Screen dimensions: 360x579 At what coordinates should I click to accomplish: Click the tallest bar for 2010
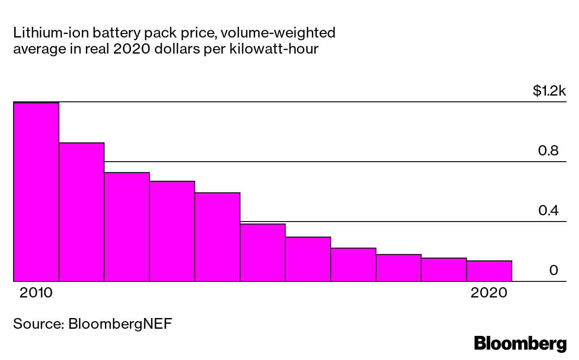[36, 192]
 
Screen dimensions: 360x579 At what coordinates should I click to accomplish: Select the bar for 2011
[81, 212]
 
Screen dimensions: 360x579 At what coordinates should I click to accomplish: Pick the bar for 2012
[127, 227]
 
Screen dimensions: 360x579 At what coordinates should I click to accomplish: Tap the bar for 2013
[172, 231]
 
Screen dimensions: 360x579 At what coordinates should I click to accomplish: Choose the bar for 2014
[218, 237]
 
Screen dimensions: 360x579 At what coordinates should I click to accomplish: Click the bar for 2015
[263, 252]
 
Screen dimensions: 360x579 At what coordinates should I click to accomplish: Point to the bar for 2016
[308, 259]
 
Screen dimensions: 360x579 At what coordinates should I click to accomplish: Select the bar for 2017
[353, 264]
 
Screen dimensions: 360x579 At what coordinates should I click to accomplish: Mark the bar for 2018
[399, 268]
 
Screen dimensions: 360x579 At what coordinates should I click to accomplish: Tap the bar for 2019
[444, 270]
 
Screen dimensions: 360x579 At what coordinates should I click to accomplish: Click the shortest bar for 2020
[489, 271]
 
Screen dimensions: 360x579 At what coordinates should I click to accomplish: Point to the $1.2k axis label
[549, 92]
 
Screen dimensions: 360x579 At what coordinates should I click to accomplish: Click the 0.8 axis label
[548, 151]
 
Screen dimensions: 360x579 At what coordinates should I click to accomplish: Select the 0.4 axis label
[548, 210]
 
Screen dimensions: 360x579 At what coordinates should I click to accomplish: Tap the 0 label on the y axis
[554, 270]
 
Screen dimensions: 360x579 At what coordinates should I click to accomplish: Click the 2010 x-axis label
[36, 293]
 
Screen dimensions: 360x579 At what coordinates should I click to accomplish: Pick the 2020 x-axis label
[489, 293]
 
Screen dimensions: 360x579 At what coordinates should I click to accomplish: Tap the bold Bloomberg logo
[520, 343]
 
